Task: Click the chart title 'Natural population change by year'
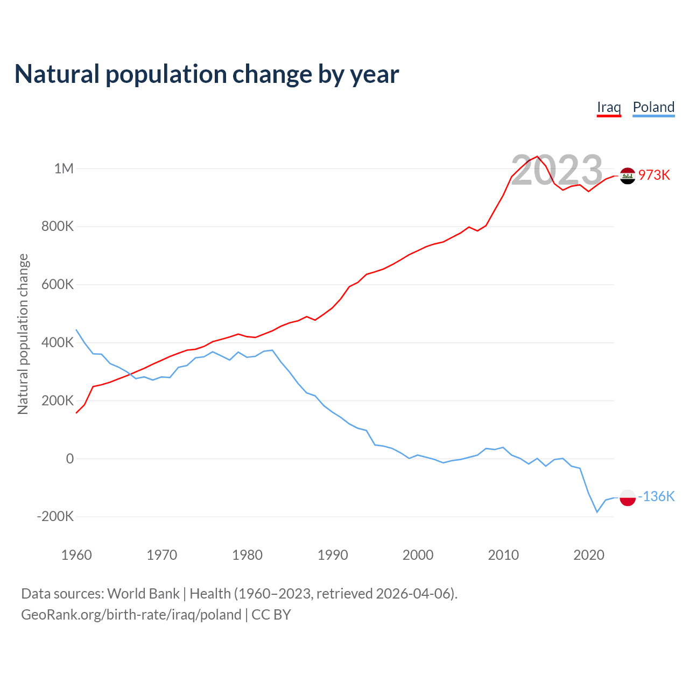[x=207, y=74]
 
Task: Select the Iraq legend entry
[x=609, y=107]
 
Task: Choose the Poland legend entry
[x=653, y=107]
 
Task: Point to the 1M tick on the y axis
[x=64, y=168]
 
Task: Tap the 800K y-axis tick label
[x=58, y=227]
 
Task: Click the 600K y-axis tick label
[x=58, y=285]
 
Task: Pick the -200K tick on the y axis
[x=55, y=517]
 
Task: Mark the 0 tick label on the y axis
[x=70, y=459]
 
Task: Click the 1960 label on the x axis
[x=76, y=555]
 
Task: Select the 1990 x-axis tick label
[x=333, y=555]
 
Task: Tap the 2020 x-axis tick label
[x=589, y=555]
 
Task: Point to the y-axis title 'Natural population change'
[x=23, y=334]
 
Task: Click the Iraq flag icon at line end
[x=628, y=175]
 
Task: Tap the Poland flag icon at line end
[x=628, y=498]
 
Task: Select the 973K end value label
[x=654, y=175]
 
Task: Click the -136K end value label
[x=656, y=496]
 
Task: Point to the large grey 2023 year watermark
[x=557, y=170]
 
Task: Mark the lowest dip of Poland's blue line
[x=597, y=512]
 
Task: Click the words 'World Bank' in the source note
[x=143, y=594]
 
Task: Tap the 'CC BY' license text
[x=271, y=615]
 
